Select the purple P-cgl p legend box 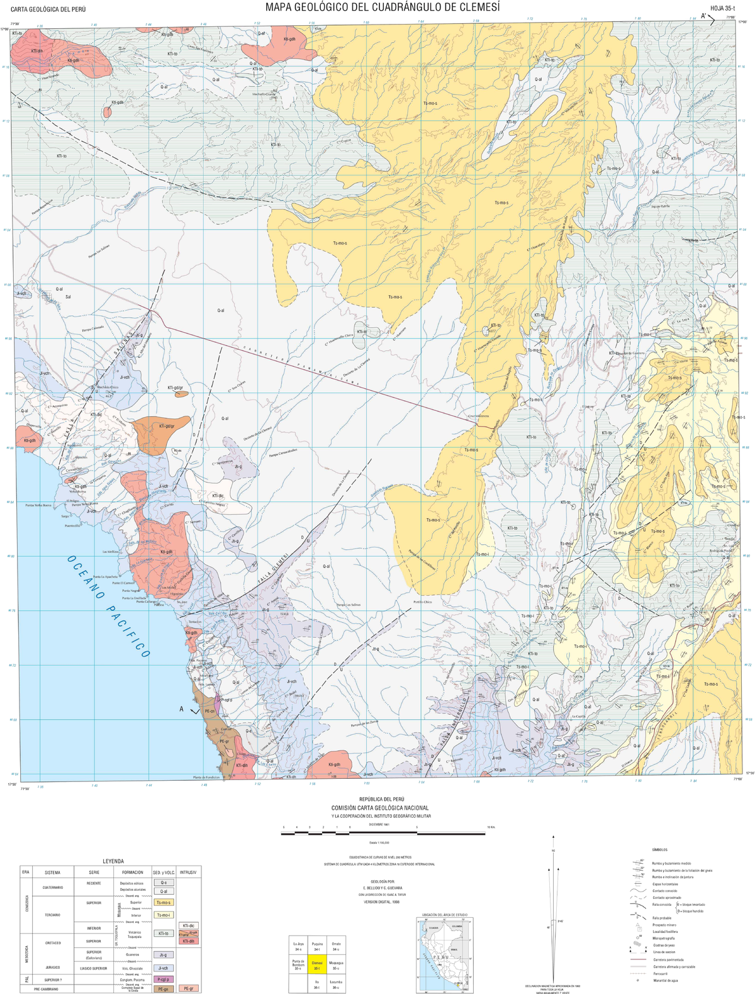(163, 980)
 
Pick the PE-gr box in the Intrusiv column (189, 989)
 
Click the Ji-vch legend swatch (163, 968)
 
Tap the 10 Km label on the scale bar (491, 827)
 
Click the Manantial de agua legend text (665, 980)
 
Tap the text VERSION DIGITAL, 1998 (381, 902)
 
